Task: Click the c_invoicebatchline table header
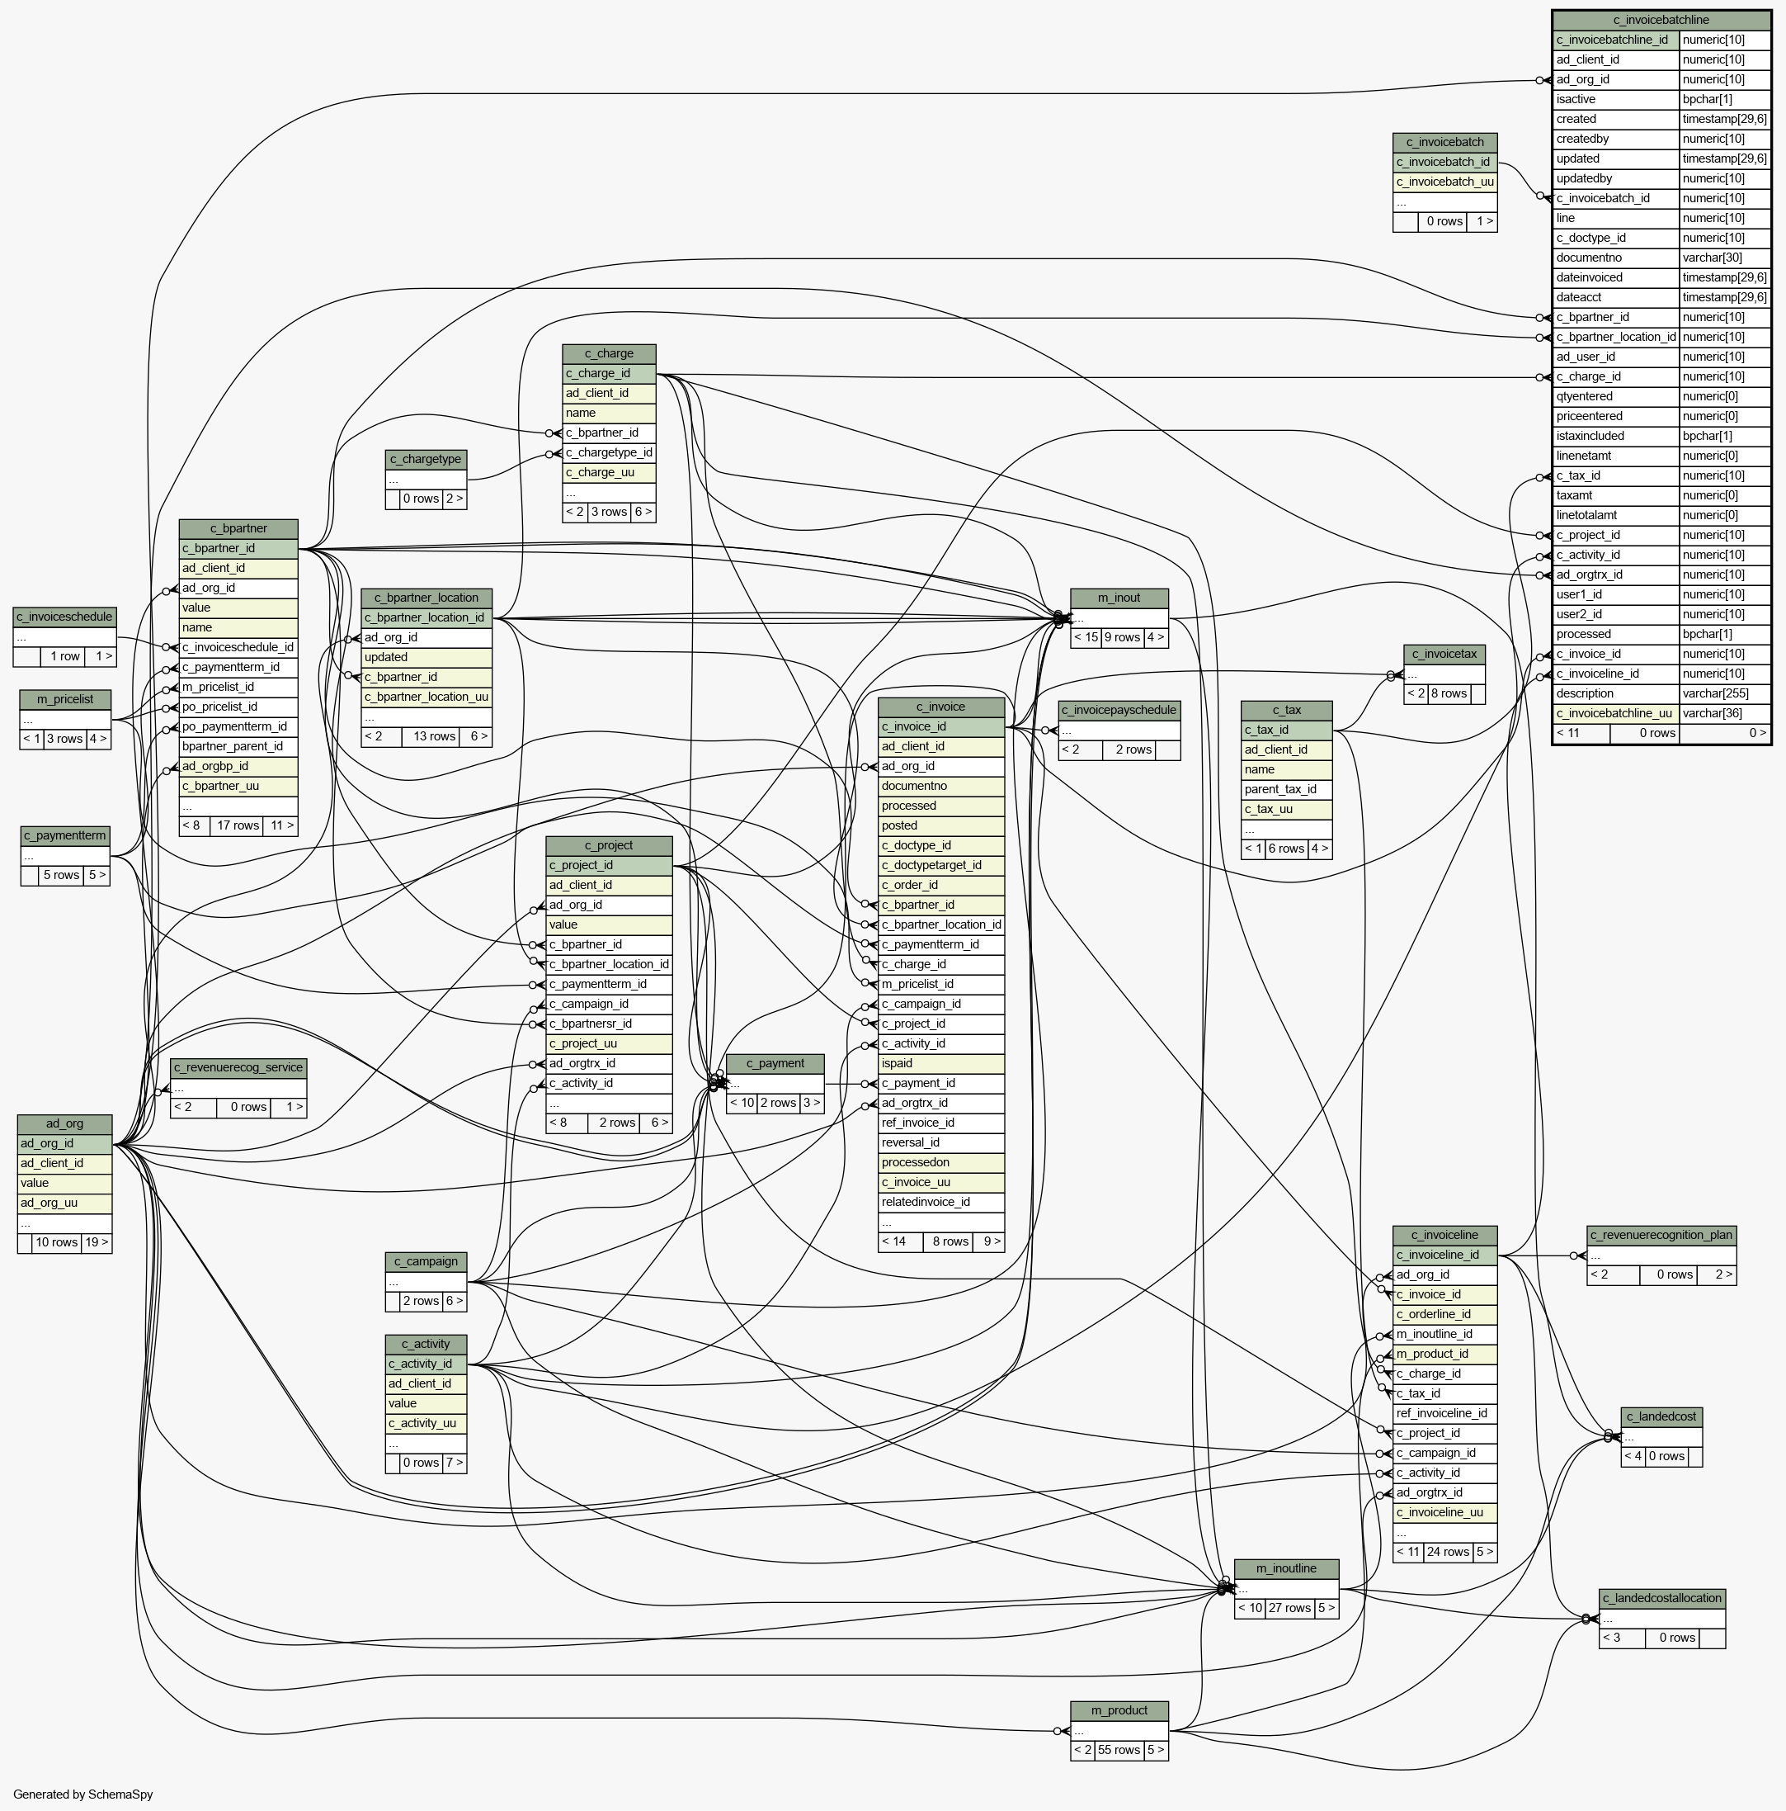click(x=1661, y=20)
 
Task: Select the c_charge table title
click(x=608, y=353)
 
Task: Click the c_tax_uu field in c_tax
click(x=1284, y=809)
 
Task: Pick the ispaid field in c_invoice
click(x=940, y=1064)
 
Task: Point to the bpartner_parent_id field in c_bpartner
click(x=238, y=746)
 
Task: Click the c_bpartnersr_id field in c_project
click(x=608, y=1024)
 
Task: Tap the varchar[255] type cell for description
click(x=1724, y=693)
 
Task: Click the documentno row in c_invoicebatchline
click(x=1615, y=258)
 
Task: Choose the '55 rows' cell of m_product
click(x=1119, y=1750)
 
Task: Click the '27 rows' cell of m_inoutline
click(x=1289, y=1609)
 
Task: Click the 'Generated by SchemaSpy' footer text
click(x=83, y=1794)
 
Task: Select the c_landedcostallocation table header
click(x=1661, y=1598)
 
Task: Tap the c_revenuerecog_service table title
click(x=238, y=1066)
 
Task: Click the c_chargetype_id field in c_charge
click(x=608, y=452)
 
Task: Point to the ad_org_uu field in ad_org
click(x=64, y=1203)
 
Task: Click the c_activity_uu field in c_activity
click(x=426, y=1423)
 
